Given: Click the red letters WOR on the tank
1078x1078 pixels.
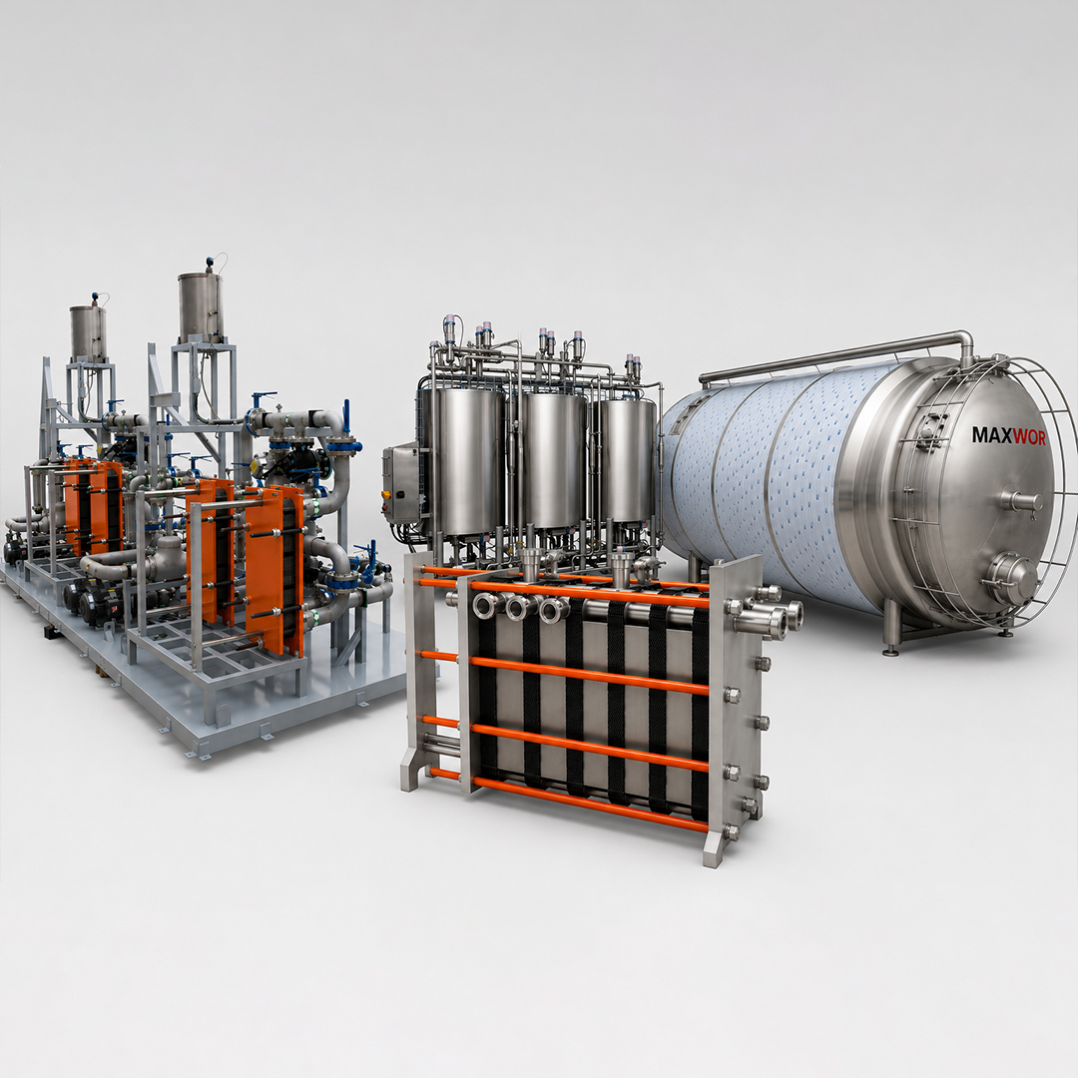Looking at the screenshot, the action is [1024, 436].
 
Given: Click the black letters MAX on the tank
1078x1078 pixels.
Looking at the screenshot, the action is [987, 434].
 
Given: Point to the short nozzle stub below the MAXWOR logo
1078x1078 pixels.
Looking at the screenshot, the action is [1021, 500].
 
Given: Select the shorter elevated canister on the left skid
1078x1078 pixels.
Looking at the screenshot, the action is [88, 332].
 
